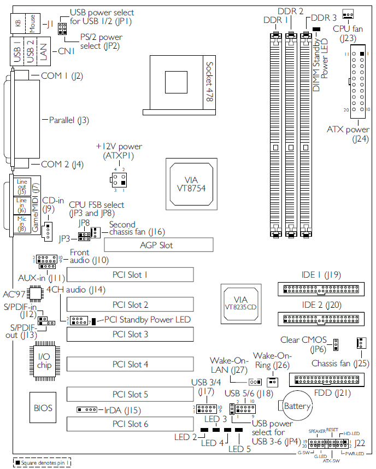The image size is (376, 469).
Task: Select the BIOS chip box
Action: (x=43, y=408)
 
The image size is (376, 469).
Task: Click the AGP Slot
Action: (x=152, y=245)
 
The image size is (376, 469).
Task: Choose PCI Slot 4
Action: (x=130, y=364)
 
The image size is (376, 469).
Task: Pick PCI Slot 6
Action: (x=130, y=424)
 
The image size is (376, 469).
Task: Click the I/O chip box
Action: (x=43, y=360)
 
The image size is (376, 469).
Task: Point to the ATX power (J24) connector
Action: (x=357, y=82)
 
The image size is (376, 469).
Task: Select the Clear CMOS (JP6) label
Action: (x=305, y=344)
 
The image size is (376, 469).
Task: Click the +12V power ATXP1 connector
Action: (x=120, y=180)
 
